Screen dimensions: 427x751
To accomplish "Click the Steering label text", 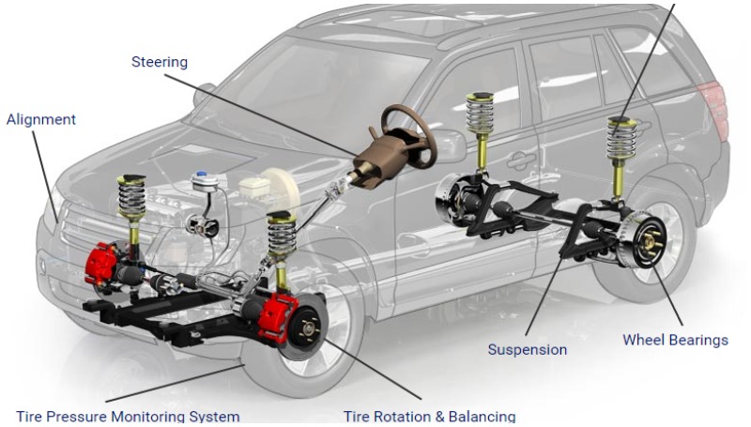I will click(x=160, y=62).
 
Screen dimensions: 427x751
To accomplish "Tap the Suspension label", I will click(x=527, y=349).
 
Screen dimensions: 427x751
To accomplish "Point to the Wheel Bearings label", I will click(x=675, y=340).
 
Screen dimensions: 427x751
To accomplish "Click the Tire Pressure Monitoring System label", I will click(x=128, y=416).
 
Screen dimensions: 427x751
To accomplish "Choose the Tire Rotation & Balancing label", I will click(x=429, y=416).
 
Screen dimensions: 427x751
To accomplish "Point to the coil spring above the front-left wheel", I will click(x=279, y=238).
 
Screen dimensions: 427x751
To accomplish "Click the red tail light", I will click(x=718, y=99).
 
